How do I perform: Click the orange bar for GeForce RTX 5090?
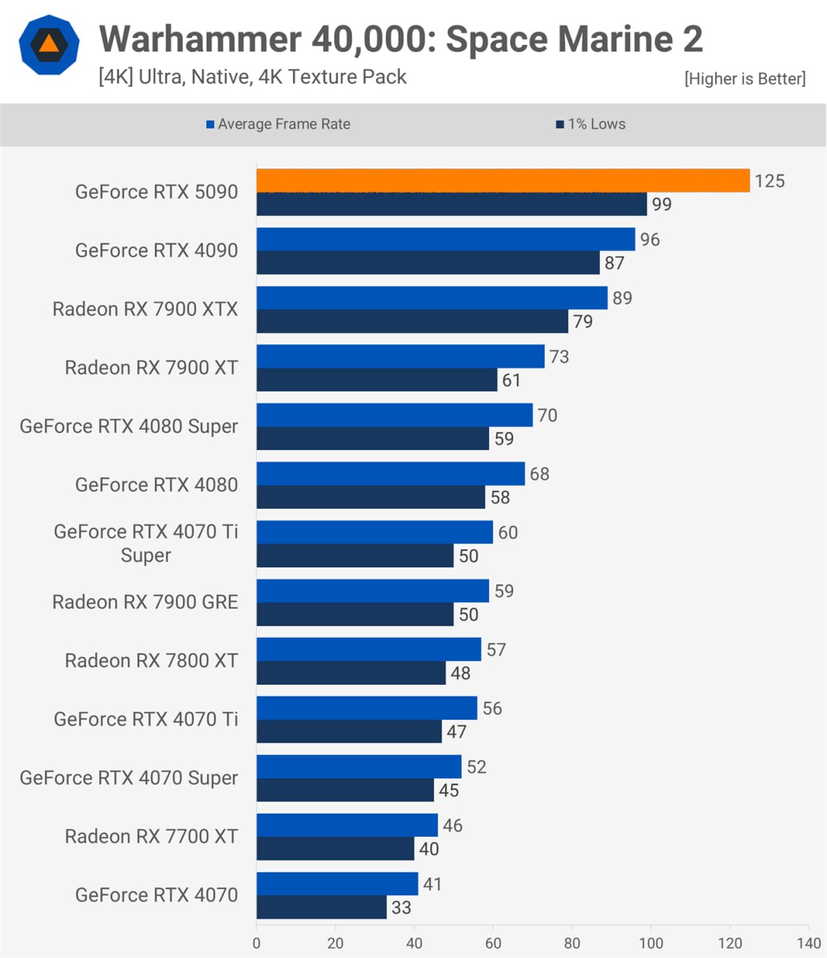click(503, 180)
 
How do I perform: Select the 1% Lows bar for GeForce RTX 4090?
click(428, 263)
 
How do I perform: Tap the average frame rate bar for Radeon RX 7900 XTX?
click(431, 298)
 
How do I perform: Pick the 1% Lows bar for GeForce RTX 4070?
click(321, 907)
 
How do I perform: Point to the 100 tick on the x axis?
click(650, 943)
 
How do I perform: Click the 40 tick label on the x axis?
click(414, 943)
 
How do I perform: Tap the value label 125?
click(769, 181)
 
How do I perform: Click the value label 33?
click(402, 908)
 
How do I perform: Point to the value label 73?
click(559, 357)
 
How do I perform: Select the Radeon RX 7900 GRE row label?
click(145, 602)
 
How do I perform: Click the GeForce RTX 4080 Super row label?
click(129, 426)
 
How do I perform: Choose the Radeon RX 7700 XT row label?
click(151, 836)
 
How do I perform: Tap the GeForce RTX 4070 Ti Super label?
click(146, 543)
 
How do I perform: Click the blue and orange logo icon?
click(49, 45)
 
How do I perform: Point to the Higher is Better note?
click(745, 79)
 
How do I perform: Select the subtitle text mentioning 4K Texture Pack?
click(252, 77)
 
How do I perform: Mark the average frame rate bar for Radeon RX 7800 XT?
click(369, 650)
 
